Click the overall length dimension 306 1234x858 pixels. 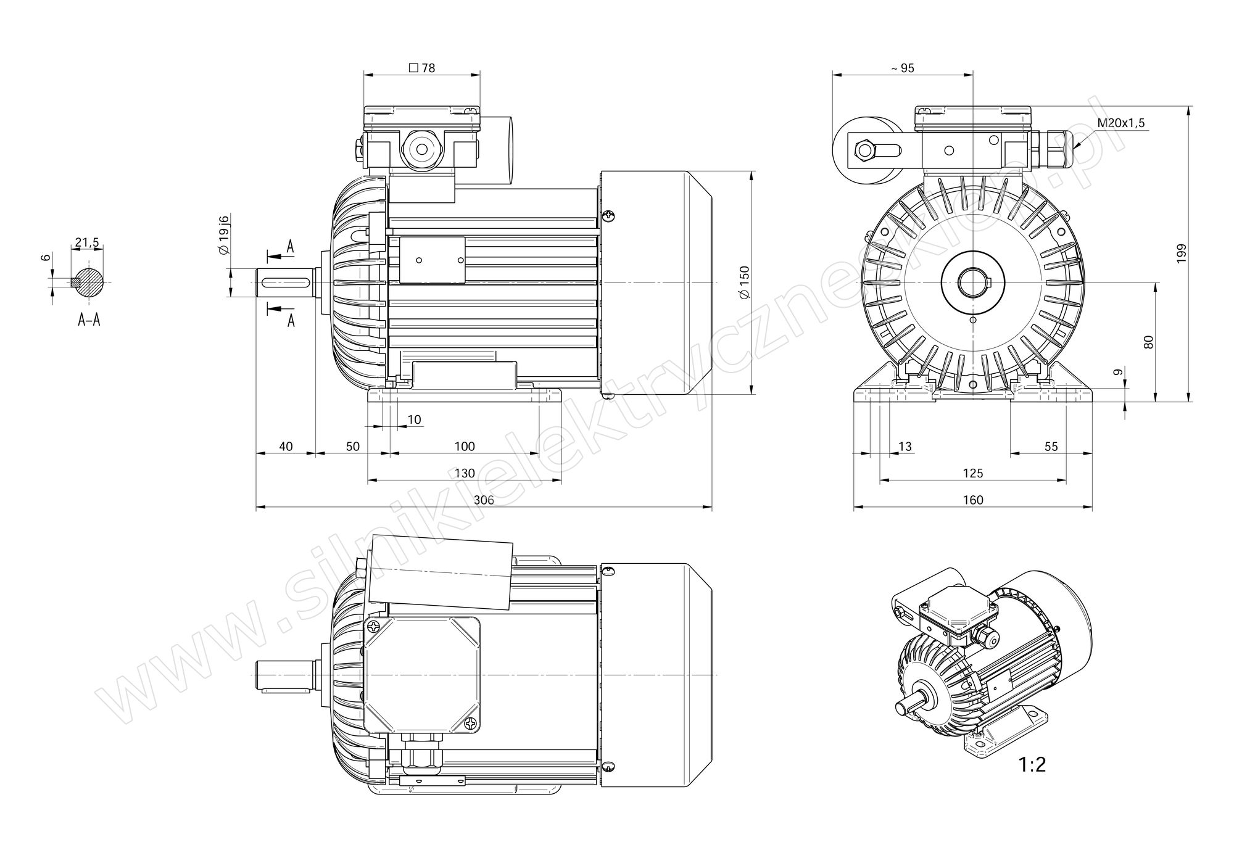click(484, 500)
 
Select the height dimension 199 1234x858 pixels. click(1181, 254)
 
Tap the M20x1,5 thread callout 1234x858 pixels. click(1120, 123)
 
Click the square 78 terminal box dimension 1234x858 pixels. click(422, 68)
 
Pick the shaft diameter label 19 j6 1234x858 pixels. click(224, 235)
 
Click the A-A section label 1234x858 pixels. click(89, 320)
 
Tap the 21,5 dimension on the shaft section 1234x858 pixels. click(87, 242)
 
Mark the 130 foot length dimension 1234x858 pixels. click(465, 473)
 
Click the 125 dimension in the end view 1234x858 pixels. click(972, 473)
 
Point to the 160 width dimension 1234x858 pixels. click(972, 500)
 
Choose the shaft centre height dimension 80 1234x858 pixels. click(1148, 342)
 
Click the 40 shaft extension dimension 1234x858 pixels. click(286, 446)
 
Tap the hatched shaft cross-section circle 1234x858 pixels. click(89, 283)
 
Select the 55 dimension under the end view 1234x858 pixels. click(1051, 446)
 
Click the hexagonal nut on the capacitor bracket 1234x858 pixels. click(864, 150)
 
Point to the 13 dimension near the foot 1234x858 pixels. click(905, 446)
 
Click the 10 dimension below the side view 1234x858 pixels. click(415, 419)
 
